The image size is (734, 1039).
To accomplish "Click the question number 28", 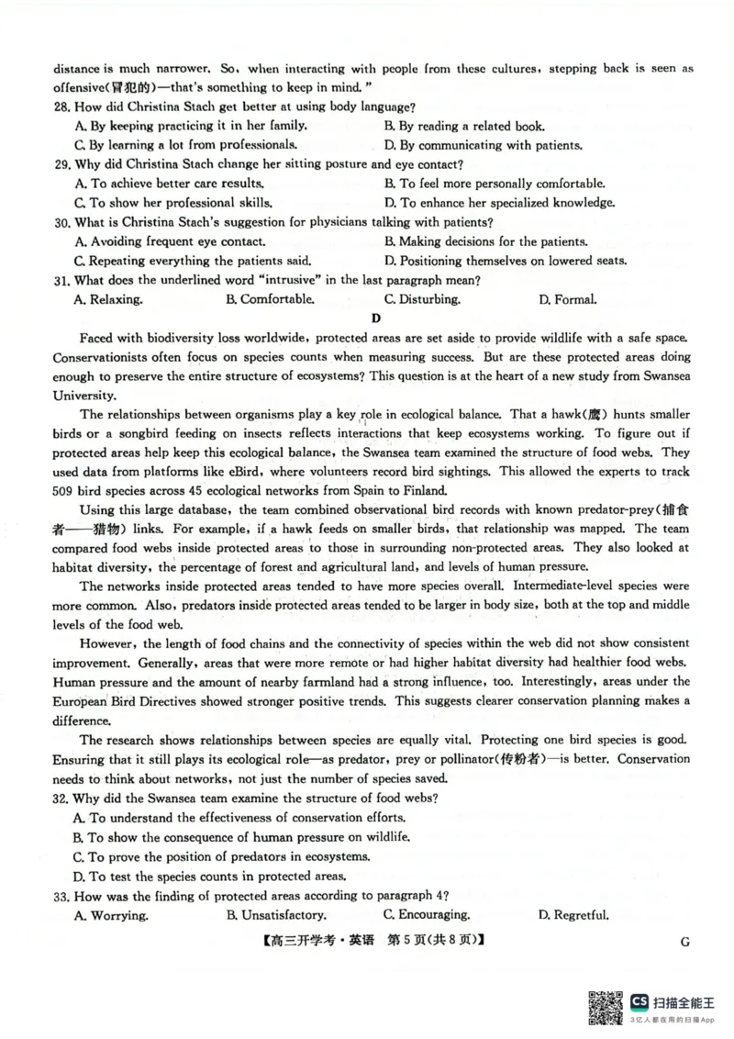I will (62, 107).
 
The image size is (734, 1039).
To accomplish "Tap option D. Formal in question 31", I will (567, 299).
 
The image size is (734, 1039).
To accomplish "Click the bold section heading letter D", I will (375, 318).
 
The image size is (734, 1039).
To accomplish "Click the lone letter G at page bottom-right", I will (685, 941).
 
